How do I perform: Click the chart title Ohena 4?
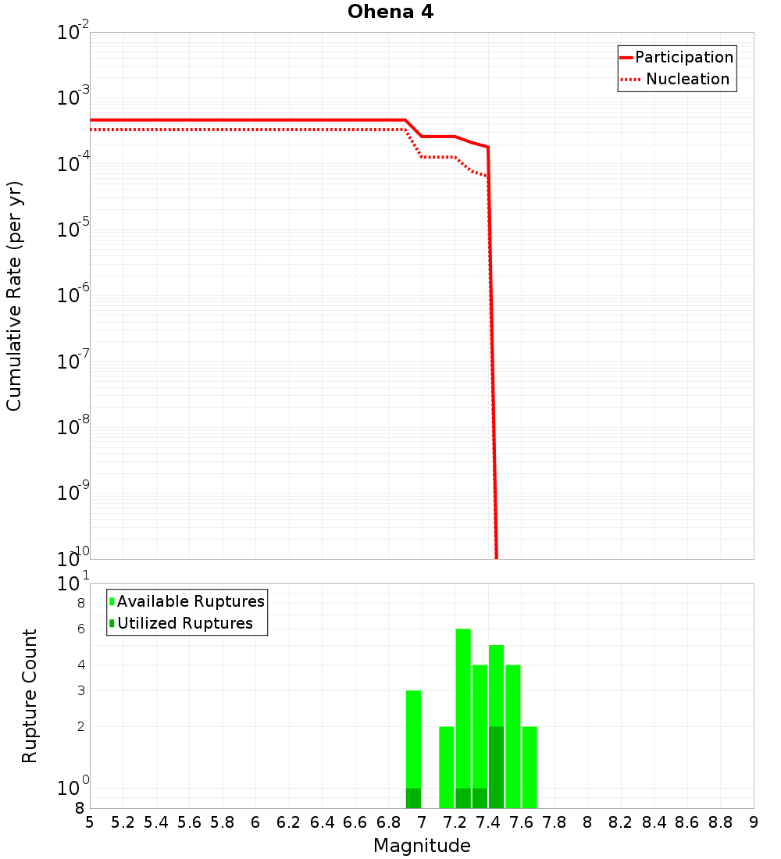(390, 12)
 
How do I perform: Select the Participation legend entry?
(683, 57)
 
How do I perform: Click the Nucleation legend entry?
(687, 79)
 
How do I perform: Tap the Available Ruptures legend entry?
(191, 601)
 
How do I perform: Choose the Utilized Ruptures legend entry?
(184, 623)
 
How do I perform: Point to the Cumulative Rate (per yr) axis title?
(14, 296)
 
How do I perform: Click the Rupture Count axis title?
(30, 696)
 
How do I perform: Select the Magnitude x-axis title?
(422, 846)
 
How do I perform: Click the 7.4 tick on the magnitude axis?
(488, 822)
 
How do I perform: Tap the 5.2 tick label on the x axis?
(123, 822)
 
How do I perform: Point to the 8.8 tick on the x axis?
(721, 822)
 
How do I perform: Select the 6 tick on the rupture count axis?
(80, 629)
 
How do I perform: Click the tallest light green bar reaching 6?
(463, 703)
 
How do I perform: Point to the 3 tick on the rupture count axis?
(80, 690)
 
